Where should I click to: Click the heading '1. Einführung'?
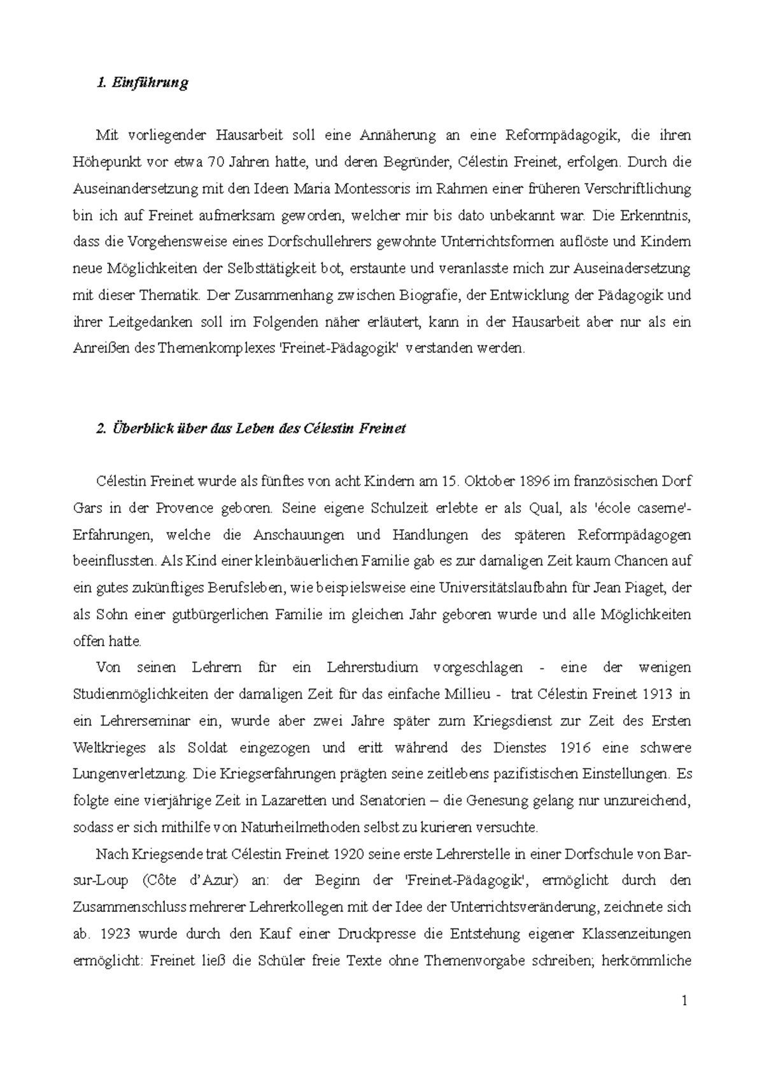coord(141,83)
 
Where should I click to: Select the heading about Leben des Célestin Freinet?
coord(250,428)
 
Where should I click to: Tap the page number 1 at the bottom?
coord(684,1001)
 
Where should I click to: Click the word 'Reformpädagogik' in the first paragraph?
coord(555,135)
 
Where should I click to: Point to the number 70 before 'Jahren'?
coord(215,162)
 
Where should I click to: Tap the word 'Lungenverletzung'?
coord(131,774)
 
